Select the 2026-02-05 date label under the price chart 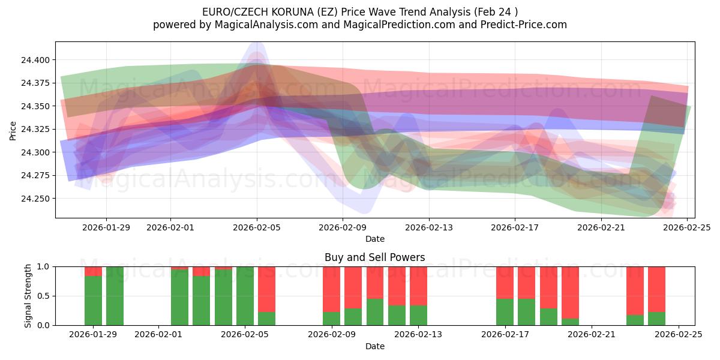click(x=257, y=227)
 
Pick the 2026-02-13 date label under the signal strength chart click(x=418, y=334)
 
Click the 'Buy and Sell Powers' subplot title click(x=374, y=257)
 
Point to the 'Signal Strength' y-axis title click(x=28, y=296)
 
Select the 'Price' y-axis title click(x=13, y=130)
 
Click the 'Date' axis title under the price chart click(x=374, y=239)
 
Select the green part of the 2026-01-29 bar click(x=93, y=300)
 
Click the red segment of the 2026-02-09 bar click(x=331, y=288)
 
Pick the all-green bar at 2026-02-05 click(x=245, y=296)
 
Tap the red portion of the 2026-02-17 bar click(x=505, y=282)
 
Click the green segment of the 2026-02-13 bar click(x=418, y=315)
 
